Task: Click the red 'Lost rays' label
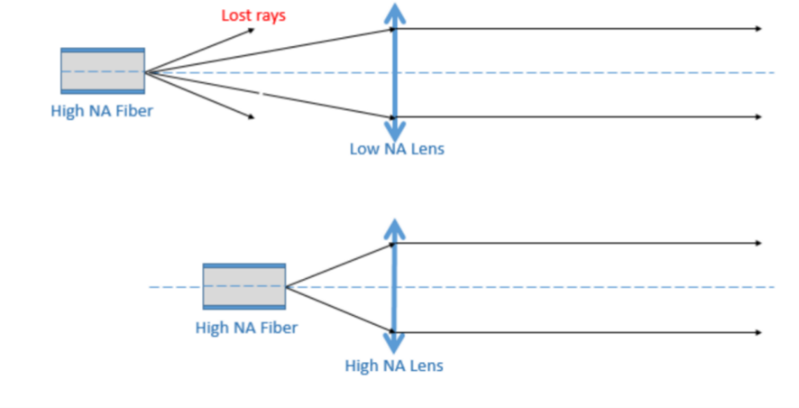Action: point(253,15)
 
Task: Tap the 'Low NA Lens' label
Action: point(397,149)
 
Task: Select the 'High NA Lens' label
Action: point(394,366)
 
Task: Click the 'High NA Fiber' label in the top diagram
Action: point(102,111)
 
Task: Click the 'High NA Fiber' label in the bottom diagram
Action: point(246,327)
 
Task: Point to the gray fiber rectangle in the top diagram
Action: point(102,71)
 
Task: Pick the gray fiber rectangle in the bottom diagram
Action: point(244,287)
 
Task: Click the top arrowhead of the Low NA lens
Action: point(393,11)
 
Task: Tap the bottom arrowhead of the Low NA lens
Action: point(393,133)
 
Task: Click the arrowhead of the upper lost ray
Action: point(253,31)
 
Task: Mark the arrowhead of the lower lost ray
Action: point(251,116)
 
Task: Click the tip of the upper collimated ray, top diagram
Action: point(759,29)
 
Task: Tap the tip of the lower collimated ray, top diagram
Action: point(759,116)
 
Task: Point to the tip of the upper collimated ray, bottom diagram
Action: point(759,243)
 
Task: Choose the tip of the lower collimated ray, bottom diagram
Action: point(759,332)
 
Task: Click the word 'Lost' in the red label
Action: point(236,15)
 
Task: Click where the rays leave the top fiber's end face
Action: point(145,71)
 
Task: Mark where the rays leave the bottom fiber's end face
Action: point(287,287)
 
